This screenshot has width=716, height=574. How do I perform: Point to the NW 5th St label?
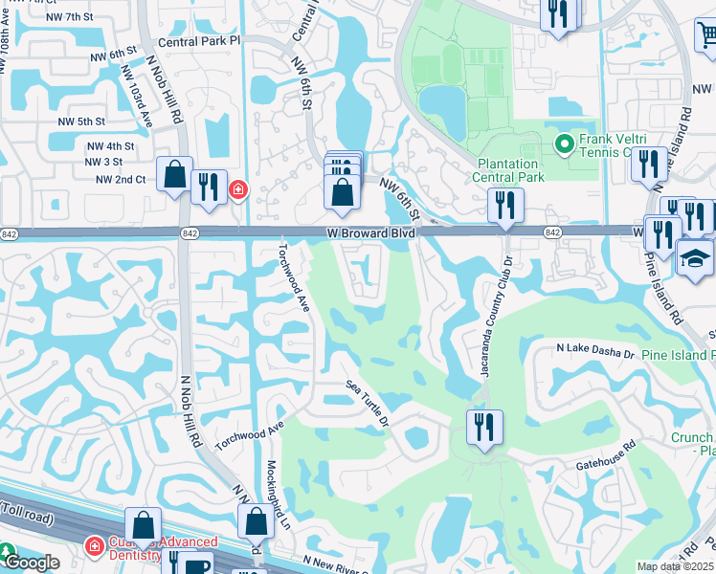click(80, 121)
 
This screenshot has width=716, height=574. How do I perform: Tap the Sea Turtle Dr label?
click(367, 403)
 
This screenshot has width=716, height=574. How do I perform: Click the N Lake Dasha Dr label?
click(595, 353)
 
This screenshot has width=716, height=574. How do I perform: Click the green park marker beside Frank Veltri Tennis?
click(564, 145)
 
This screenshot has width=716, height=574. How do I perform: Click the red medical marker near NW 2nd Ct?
click(236, 190)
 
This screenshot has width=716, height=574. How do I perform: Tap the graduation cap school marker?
click(694, 257)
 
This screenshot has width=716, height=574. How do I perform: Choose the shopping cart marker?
click(706, 35)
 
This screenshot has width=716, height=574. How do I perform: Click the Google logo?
click(31, 563)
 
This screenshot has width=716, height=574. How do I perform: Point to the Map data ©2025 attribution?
click(676, 566)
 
